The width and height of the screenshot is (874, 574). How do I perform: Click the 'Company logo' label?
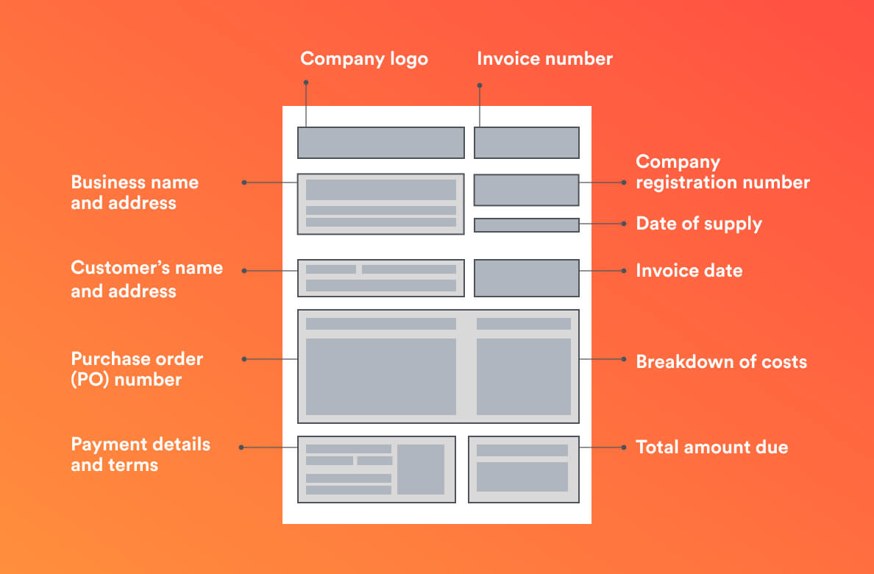pyautogui.click(x=363, y=59)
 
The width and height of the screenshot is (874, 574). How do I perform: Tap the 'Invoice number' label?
pyautogui.click(x=544, y=59)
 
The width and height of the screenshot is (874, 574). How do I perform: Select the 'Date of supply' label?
pyautogui.click(x=698, y=224)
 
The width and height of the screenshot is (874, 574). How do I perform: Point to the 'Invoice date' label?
pyautogui.click(x=689, y=271)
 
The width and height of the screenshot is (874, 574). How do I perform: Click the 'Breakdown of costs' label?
pyautogui.click(x=721, y=362)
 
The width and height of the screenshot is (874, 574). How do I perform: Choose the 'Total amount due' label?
pyautogui.click(x=711, y=447)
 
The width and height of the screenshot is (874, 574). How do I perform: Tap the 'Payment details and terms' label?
pyautogui.click(x=140, y=455)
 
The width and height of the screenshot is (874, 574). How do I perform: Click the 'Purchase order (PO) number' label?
pyautogui.click(x=136, y=369)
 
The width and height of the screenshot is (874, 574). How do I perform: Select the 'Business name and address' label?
pyautogui.click(x=135, y=193)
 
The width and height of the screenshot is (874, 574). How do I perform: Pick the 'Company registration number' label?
pyautogui.click(x=722, y=172)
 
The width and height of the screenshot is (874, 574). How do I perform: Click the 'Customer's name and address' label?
pyautogui.click(x=146, y=279)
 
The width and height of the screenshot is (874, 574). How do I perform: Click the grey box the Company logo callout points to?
pyautogui.click(x=380, y=143)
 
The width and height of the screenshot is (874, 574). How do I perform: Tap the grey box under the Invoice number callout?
pyautogui.click(x=526, y=143)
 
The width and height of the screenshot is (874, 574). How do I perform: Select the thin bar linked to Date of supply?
pyautogui.click(x=526, y=225)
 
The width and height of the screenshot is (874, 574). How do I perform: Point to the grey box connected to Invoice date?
pyautogui.click(x=526, y=278)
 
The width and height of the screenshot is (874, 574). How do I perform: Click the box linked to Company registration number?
pyautogui.click(x=526, y=190)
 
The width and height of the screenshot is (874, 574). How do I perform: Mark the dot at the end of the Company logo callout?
pyautogui.click(x=306, y=82)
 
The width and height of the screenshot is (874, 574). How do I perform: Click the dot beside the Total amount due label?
pyautogui.click(x=622, y=447)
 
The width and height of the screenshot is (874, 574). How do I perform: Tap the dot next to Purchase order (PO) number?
pyautogui.click(x=244, y=359)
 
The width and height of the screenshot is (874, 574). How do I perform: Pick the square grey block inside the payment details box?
pyautogui.click(x=421, y=470)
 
